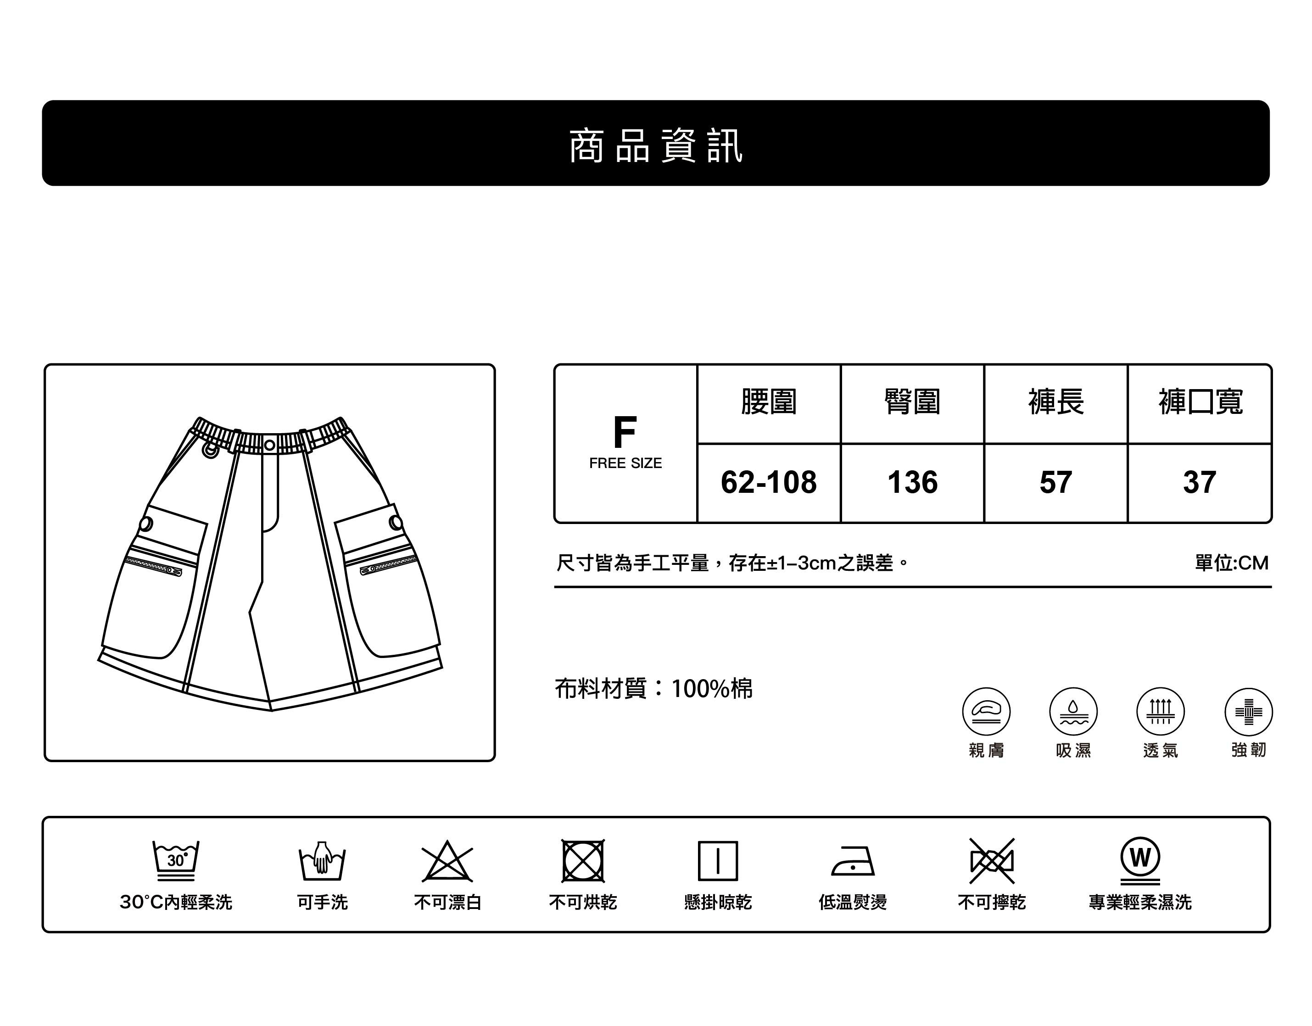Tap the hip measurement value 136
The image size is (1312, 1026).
912,482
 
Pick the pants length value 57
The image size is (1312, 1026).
1055,482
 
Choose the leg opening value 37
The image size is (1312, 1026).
1199,482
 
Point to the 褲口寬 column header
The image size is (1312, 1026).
1200,402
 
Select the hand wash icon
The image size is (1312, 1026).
322,860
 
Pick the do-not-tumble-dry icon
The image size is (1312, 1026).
583,861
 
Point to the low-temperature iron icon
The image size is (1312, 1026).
853,862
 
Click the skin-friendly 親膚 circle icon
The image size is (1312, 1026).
986,711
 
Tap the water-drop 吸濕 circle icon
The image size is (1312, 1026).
1073,711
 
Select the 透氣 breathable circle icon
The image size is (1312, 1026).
1160,711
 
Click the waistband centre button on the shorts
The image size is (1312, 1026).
270,445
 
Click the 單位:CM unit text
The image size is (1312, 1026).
1232,563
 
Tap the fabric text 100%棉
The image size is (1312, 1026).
711,688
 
